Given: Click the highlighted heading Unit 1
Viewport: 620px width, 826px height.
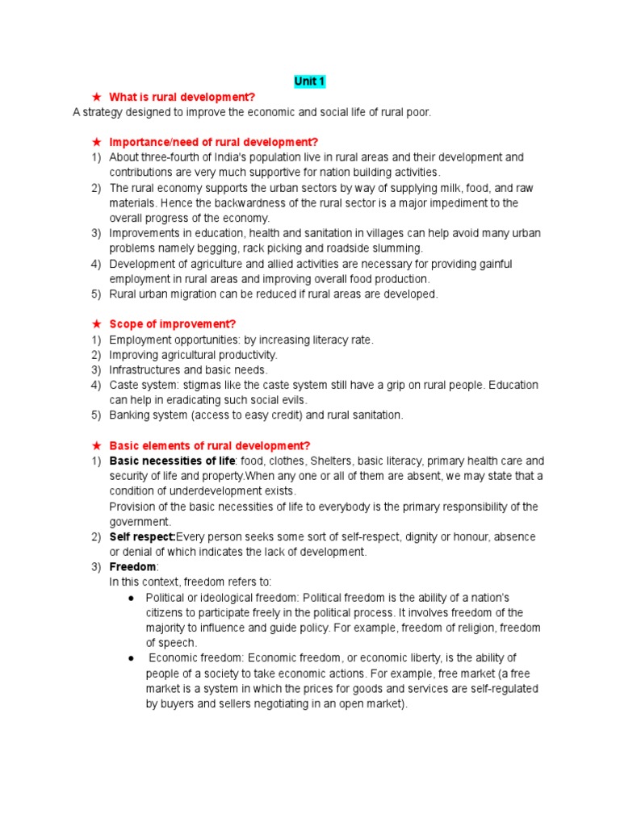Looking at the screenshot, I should [309, 81].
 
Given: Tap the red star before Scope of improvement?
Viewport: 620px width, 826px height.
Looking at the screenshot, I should [96, 324].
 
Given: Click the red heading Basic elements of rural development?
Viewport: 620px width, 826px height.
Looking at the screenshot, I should [209, 446].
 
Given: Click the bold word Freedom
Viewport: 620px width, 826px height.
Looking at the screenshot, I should [128, 567].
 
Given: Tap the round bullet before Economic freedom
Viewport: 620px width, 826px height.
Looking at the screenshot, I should [131, 658].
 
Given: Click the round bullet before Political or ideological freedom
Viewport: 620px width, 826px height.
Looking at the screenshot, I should [131, 598].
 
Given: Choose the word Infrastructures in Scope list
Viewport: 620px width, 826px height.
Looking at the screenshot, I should [144, 370].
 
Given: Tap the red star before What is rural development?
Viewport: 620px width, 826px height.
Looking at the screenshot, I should [96, 98].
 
